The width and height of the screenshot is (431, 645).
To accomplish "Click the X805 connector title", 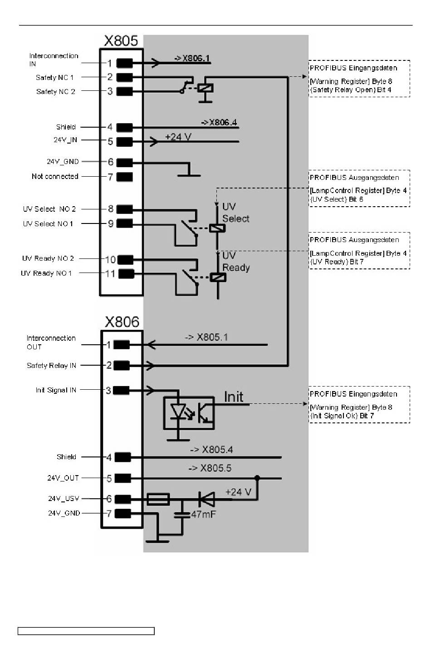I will [121, 41].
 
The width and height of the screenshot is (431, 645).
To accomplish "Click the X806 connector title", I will [122, 322].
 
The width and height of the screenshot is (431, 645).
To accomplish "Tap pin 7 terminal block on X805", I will [125, 177].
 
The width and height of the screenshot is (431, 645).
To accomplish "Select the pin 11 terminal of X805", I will [126, 273].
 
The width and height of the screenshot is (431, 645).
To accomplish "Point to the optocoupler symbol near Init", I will [189, 413].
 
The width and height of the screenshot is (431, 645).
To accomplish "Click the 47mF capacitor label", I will [203, 514].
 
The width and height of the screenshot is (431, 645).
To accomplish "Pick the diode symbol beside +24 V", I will [206, 500].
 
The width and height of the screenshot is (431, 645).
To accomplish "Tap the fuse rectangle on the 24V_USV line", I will [158, 500].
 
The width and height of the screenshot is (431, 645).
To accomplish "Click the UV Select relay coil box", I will [217, 228].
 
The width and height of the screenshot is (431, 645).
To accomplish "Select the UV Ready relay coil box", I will [218, 277].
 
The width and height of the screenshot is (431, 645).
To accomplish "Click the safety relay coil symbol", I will [206, 89].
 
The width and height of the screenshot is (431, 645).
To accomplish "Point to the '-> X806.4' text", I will [219, 123].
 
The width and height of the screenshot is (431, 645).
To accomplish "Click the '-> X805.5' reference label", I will [210, 468].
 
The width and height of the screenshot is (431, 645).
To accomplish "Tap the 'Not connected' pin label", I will [55, 176].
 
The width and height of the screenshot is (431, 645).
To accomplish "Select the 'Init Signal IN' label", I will [56, 390].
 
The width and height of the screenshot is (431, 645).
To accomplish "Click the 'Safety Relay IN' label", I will [51, 365].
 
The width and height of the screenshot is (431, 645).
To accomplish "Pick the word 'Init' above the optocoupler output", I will [234, 397].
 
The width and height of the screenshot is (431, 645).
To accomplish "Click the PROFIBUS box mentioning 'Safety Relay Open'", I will [359, 79].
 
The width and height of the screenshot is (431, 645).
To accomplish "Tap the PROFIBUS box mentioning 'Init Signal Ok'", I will [359, 405].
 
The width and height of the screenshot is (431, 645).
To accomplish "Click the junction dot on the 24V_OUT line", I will [257, 478].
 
